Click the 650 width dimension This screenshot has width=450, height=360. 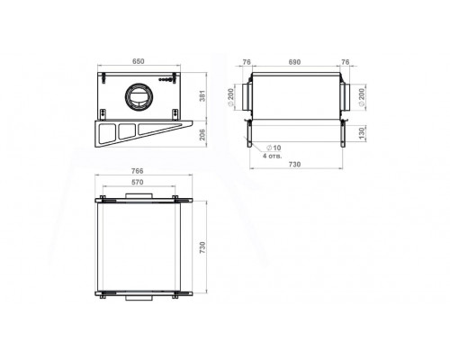pos(139,61)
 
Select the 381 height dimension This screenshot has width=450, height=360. pos(202,95)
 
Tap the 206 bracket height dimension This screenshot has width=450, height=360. pos(202,134)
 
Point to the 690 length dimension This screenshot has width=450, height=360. pos(294,62)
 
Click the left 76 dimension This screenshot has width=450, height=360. pos(247,62)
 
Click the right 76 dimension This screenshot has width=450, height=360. pos(346,62)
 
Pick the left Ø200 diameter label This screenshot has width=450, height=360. pos(231,97)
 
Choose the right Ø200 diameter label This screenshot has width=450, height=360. pos(362,97)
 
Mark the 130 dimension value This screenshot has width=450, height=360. pos(362,133)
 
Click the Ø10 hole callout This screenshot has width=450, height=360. pos(274,148)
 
